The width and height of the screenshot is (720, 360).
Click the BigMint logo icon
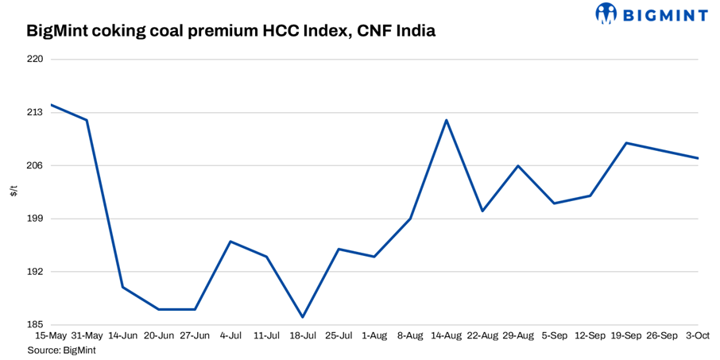coord(607,14)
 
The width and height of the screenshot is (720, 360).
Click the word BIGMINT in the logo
coord(664,14)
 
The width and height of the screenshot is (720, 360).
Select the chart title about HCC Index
coord(230,33)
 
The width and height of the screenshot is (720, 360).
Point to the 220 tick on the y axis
coord(36,60)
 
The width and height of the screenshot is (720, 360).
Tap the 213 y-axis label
coord(36,113)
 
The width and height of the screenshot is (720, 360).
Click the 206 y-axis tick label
coord(36,165)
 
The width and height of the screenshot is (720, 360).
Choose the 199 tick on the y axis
coord(36,219)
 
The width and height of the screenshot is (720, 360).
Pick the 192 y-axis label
coord(36,272)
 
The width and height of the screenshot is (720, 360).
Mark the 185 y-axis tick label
coord(36,325)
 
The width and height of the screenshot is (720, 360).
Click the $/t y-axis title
coord(14,192)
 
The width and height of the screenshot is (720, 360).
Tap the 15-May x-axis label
coord(51,336)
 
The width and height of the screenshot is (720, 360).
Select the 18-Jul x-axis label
coord(302,336)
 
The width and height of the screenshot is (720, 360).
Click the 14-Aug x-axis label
coord(446,336)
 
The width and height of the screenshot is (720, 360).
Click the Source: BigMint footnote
coord(62,350)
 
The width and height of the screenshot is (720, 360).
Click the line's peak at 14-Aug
coord(447,120)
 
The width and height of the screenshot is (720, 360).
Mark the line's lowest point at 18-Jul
coord(303,317)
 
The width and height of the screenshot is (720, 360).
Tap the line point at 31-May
coord(87,120)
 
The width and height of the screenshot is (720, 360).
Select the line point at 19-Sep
coord(627,143)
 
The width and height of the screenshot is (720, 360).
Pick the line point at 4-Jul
coord(230,242)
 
